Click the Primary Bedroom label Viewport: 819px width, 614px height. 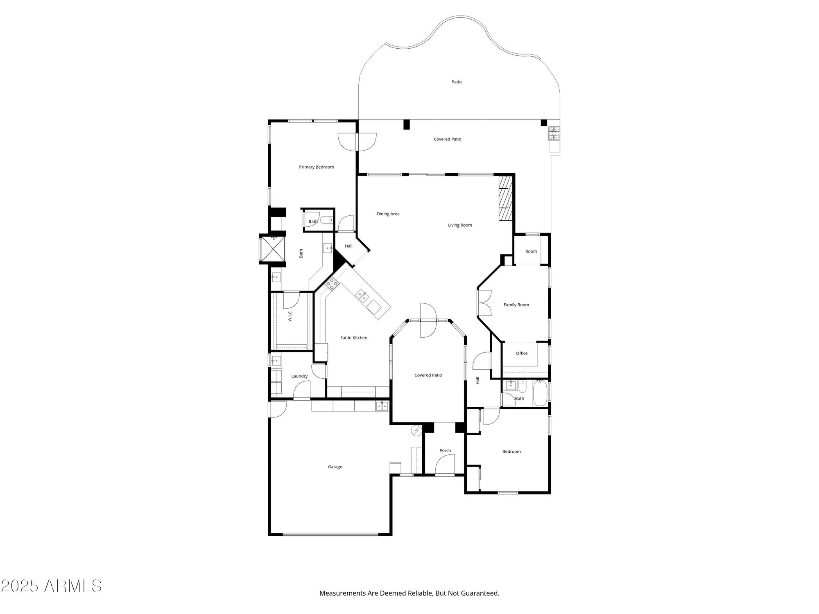pyautogui.click(x=316, y=167)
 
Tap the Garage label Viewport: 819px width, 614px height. pyautogui.click(x=335, y=467)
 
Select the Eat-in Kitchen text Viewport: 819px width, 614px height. pyautogui.click(x=353, y=338)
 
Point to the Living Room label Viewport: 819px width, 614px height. pyautogui.click(x=459, y=225)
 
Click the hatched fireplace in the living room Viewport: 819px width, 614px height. pyautogui.click(x=506, y=198)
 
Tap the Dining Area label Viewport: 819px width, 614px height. pyautogui.click(x=388, y=214)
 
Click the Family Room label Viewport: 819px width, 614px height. pyautogui.click(x=516, y=305)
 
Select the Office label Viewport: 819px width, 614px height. pyautogui.click(x=521, y=353)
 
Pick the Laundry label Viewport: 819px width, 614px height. pyautogui.click(x=299, y=376)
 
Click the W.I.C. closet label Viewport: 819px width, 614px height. pyautogui.click(x=290, y=315)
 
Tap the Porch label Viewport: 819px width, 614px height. pyautogui.click(x=445, y=450)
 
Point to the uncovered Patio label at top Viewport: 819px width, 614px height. pyautogui.click(x=456, y=82)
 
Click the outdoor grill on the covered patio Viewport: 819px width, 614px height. pyautogui.click(x=554, y=133)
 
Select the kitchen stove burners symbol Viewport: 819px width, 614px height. pyautogui.click(x=332, y=283)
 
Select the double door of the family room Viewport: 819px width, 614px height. pyautogui.click(x=484, y=303)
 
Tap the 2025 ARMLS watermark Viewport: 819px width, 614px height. pyautogui.click(x=51, y=586)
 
